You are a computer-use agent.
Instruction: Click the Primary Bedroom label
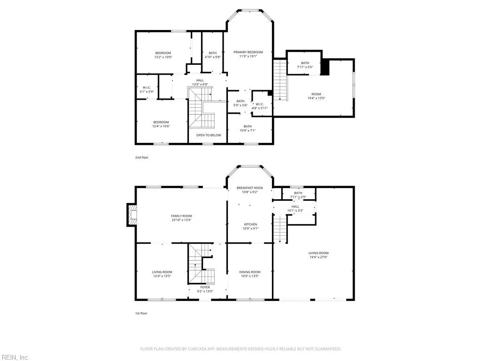pos(248,52)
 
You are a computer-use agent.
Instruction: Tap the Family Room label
pos(182,216)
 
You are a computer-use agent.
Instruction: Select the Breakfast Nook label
pos(250,188)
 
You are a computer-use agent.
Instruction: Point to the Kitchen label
pos(250,224)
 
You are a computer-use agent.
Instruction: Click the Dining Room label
pos(250,272)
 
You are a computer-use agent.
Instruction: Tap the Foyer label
pos(205,287)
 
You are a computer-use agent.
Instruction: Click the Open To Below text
pos(209,135)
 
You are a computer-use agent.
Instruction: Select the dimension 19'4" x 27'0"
pos(318,257)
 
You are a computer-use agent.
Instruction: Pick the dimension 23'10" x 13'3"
pos(182,220)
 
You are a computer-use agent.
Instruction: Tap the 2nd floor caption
pos(142,157)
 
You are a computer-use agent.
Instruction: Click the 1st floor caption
pos(141,314)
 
